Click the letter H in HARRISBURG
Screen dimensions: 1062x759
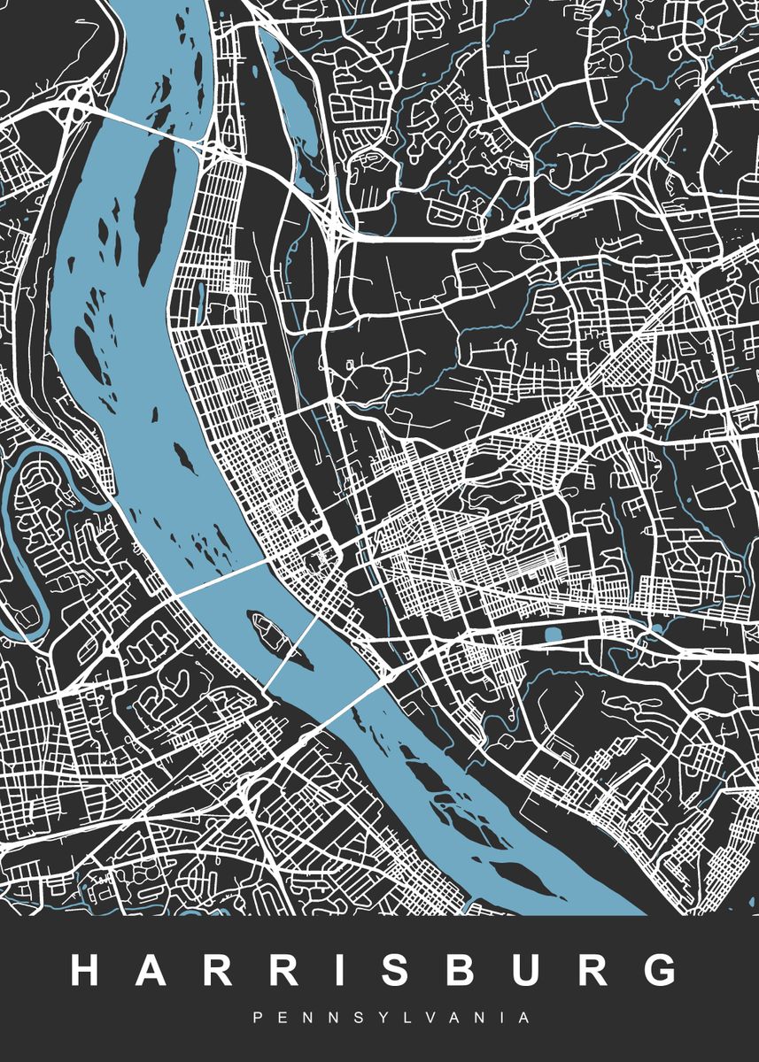pyautogui.click(x=89, y=971)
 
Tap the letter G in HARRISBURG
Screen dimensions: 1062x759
pyautogui.click(x=656, y=971)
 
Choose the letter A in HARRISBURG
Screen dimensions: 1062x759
pyautogui.click(x=154, y=971)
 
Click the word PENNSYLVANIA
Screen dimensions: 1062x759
pyautogui.click(x=391, y=1019)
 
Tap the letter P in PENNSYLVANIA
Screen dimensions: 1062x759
pyautogui.click(x=258, y=1019)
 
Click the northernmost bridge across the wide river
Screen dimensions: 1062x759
pyautogui.click(x=151, y=127)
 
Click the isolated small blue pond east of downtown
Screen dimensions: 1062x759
pyautogui.click(x=554, y=635)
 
